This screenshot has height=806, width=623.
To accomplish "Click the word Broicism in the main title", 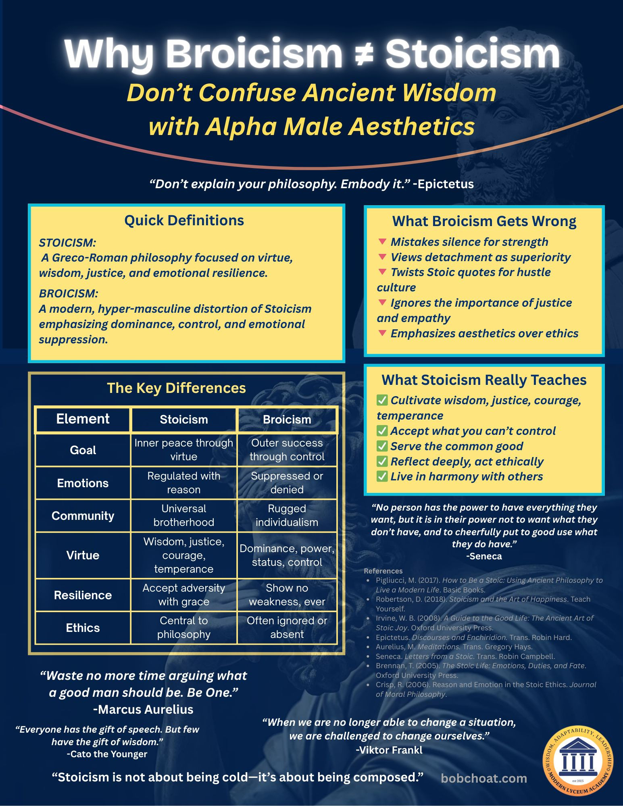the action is [254, 54].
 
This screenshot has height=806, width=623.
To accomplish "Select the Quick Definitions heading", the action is [184, 220].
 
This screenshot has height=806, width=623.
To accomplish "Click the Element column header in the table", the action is [83, 419].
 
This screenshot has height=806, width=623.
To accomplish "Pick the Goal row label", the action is [83, 450].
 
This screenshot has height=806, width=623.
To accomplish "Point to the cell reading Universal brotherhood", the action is [183, 515].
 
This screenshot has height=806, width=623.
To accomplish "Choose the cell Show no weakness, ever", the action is [287, 595].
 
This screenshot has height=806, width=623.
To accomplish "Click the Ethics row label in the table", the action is [83, 628].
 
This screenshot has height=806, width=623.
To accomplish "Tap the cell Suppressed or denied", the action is [287, 483].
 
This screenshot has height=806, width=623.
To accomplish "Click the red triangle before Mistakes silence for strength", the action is [382, 242].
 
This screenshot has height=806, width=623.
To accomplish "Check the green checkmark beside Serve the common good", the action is [382, 446].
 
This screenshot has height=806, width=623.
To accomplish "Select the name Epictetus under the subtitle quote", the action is [446, 184].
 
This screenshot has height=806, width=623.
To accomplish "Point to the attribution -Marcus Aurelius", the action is [143, 709].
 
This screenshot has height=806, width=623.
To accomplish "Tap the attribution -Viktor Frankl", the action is [389, 750].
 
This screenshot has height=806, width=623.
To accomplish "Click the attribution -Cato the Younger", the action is [107, 754].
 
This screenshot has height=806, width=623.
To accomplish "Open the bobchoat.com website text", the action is [484, 778].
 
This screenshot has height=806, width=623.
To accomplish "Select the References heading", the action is [383, 571].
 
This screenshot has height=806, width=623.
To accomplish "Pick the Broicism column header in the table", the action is [287, 420].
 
